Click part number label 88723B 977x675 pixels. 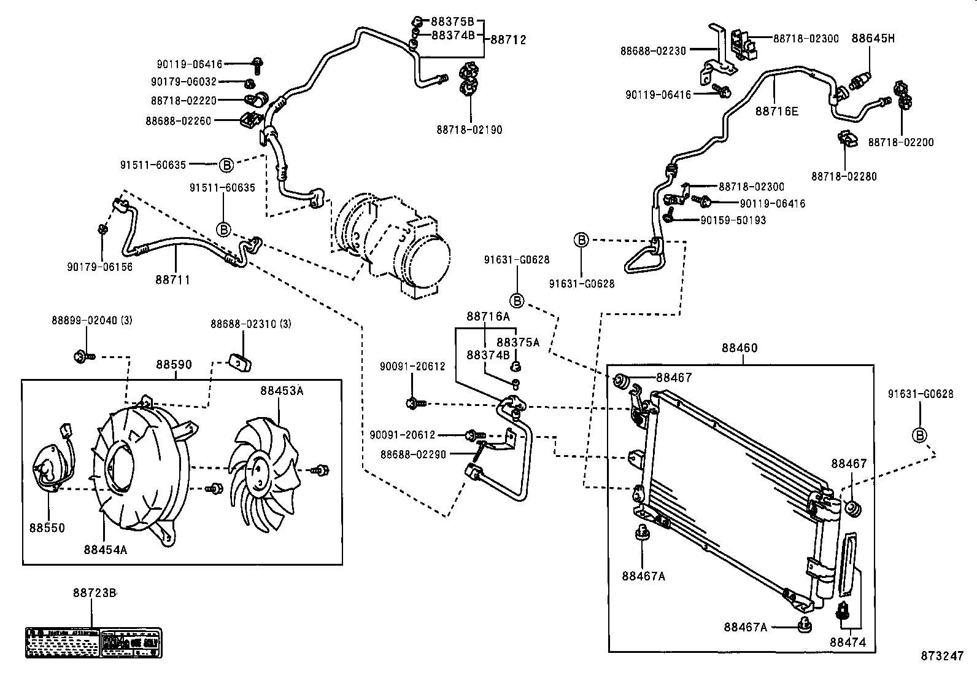coord(94,593)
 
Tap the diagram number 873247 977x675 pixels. coord(941,656)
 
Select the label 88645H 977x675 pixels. coord(873,38)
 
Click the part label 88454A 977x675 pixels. coord(106,550)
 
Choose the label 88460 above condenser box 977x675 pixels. coord(739,348)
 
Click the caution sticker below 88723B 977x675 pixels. coord(93,642)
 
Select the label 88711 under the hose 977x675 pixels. coord(172,280)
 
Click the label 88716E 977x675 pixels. coord(776,111)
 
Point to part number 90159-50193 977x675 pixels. coord(733,220)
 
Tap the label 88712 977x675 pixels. coord(508,40)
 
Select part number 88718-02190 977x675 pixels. coord(469,130)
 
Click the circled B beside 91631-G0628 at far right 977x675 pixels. coord(919,435)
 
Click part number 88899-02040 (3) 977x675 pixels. coord(92,321)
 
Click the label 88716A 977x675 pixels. coord(488,317)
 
